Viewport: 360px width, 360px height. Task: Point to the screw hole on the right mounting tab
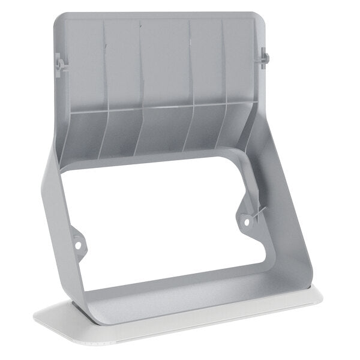tap(245, 222)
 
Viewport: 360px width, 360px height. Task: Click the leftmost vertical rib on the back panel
tap(104, 66)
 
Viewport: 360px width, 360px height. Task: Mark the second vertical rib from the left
tap(141, 66)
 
